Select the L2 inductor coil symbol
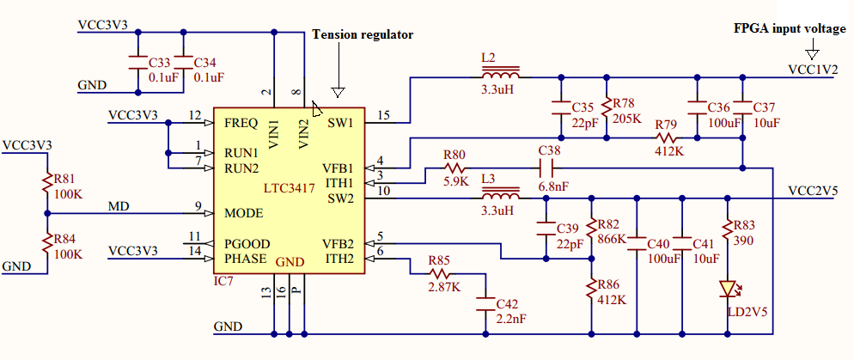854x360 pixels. click(500, 72)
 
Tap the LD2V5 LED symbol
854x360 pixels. click(728, 289)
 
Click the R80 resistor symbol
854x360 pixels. click(455, 168)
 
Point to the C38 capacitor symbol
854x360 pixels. click(546, 168)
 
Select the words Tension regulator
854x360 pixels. click(363, 35)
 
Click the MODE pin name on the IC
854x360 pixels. click(244, 213)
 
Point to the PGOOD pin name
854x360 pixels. click(247, 243)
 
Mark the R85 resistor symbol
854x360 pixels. click(440, 273)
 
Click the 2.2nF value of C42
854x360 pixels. click(511, 319)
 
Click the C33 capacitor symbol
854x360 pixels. click(137, 62)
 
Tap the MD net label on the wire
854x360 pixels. click(119, 206)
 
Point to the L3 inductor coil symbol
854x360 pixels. click(500, 194)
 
